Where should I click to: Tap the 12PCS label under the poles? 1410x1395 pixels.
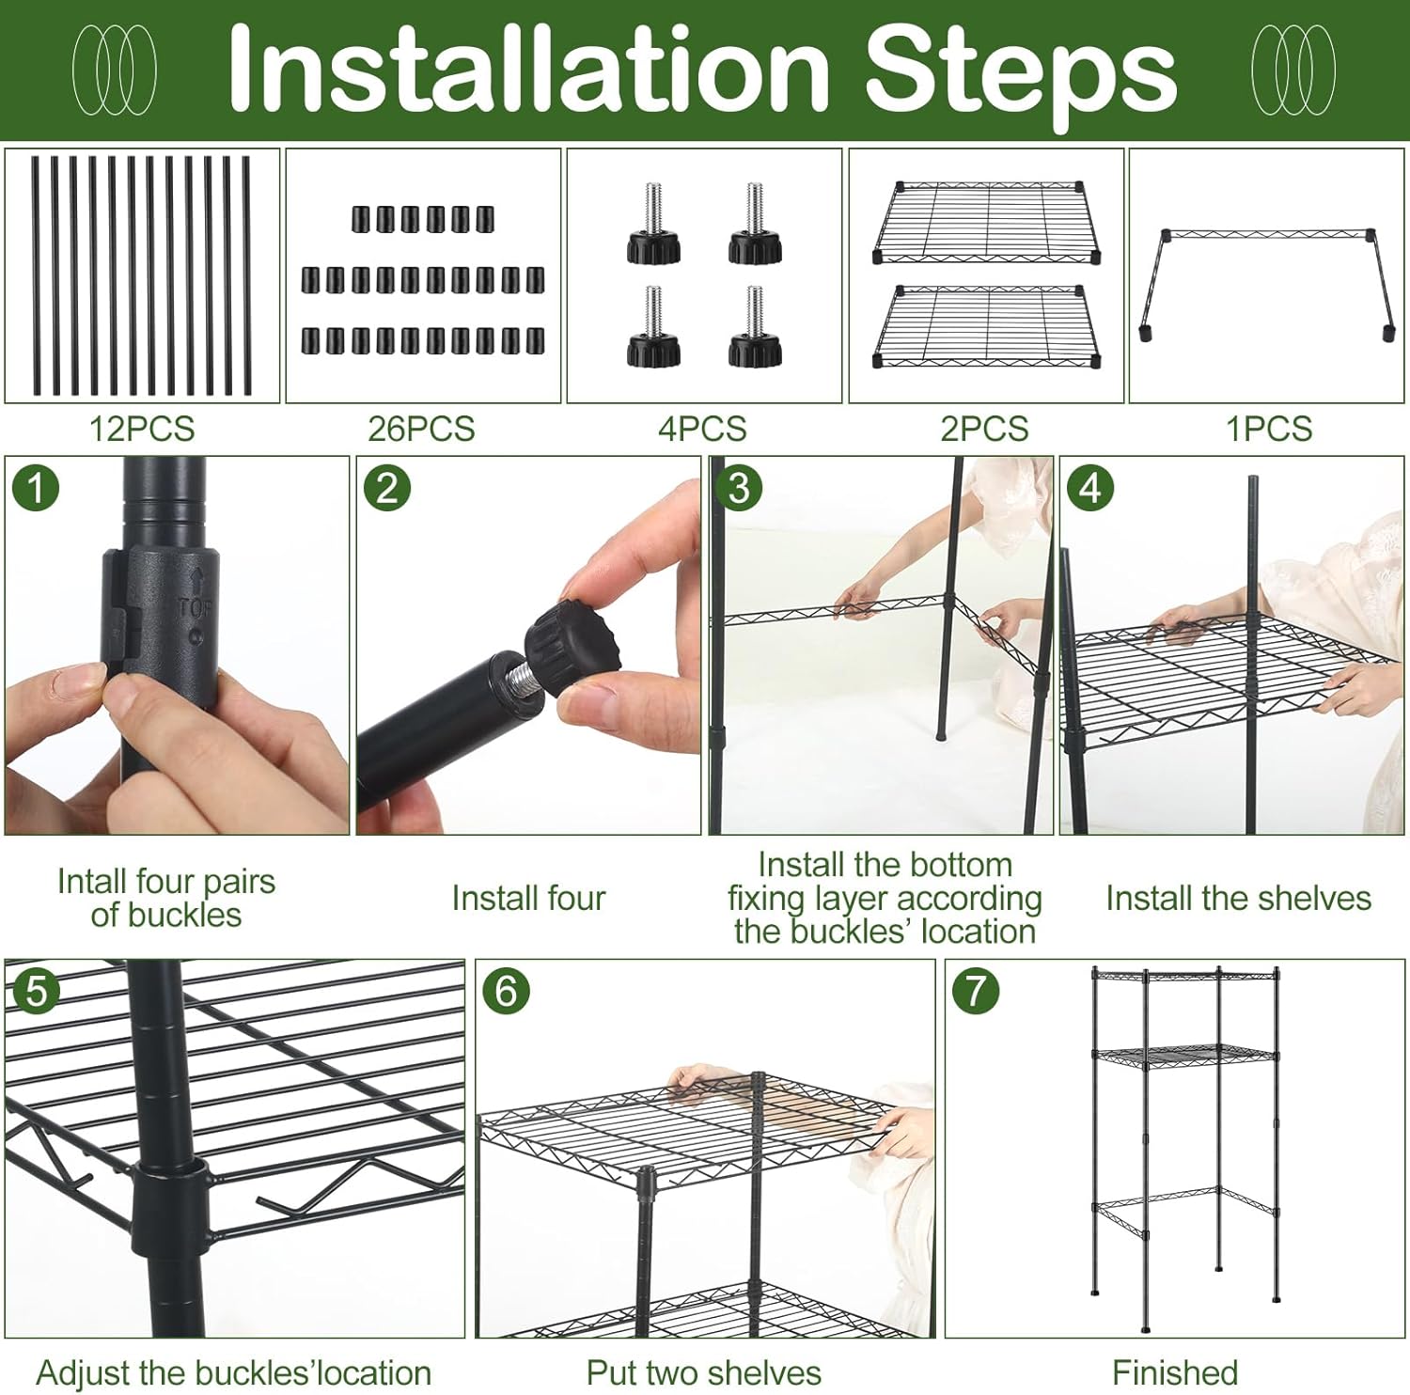tap(142, 429)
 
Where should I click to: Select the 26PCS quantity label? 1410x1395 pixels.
tap(421, 429)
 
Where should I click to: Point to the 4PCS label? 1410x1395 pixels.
tap(702, 429)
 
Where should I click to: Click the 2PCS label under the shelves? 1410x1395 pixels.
tap(984, 429)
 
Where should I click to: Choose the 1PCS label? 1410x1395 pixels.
tap(1269, 429)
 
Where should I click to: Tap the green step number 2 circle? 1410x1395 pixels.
tap(387, 489)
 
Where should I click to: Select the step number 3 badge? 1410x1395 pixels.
tap(740, 489)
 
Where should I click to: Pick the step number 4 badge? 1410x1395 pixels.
tap(1090, 489)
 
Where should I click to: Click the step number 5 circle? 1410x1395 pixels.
tap(37, 992)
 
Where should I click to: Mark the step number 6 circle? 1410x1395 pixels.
tap(506, 992)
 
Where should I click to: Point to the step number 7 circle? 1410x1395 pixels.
tap(976, 992)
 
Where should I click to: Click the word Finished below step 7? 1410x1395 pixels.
tap(1175, 1372)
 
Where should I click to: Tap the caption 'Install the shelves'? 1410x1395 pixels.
tap(1238, 899)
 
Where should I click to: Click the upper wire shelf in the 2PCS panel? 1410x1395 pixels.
tap(986, 223)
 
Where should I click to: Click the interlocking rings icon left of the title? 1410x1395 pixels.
tap(115, 70)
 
